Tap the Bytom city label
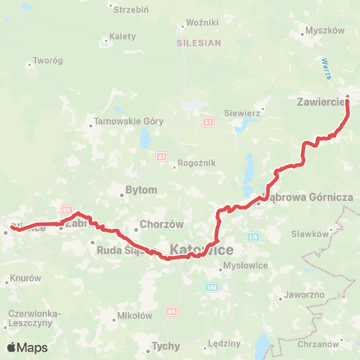coord(141,190)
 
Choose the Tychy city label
coord(166,346)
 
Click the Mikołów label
coord(136,316)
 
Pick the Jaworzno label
coord(304,295)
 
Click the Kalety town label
coord(122,35)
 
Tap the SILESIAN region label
coord(199,43)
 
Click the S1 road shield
coord(208,121)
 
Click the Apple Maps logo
coord(27,347)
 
